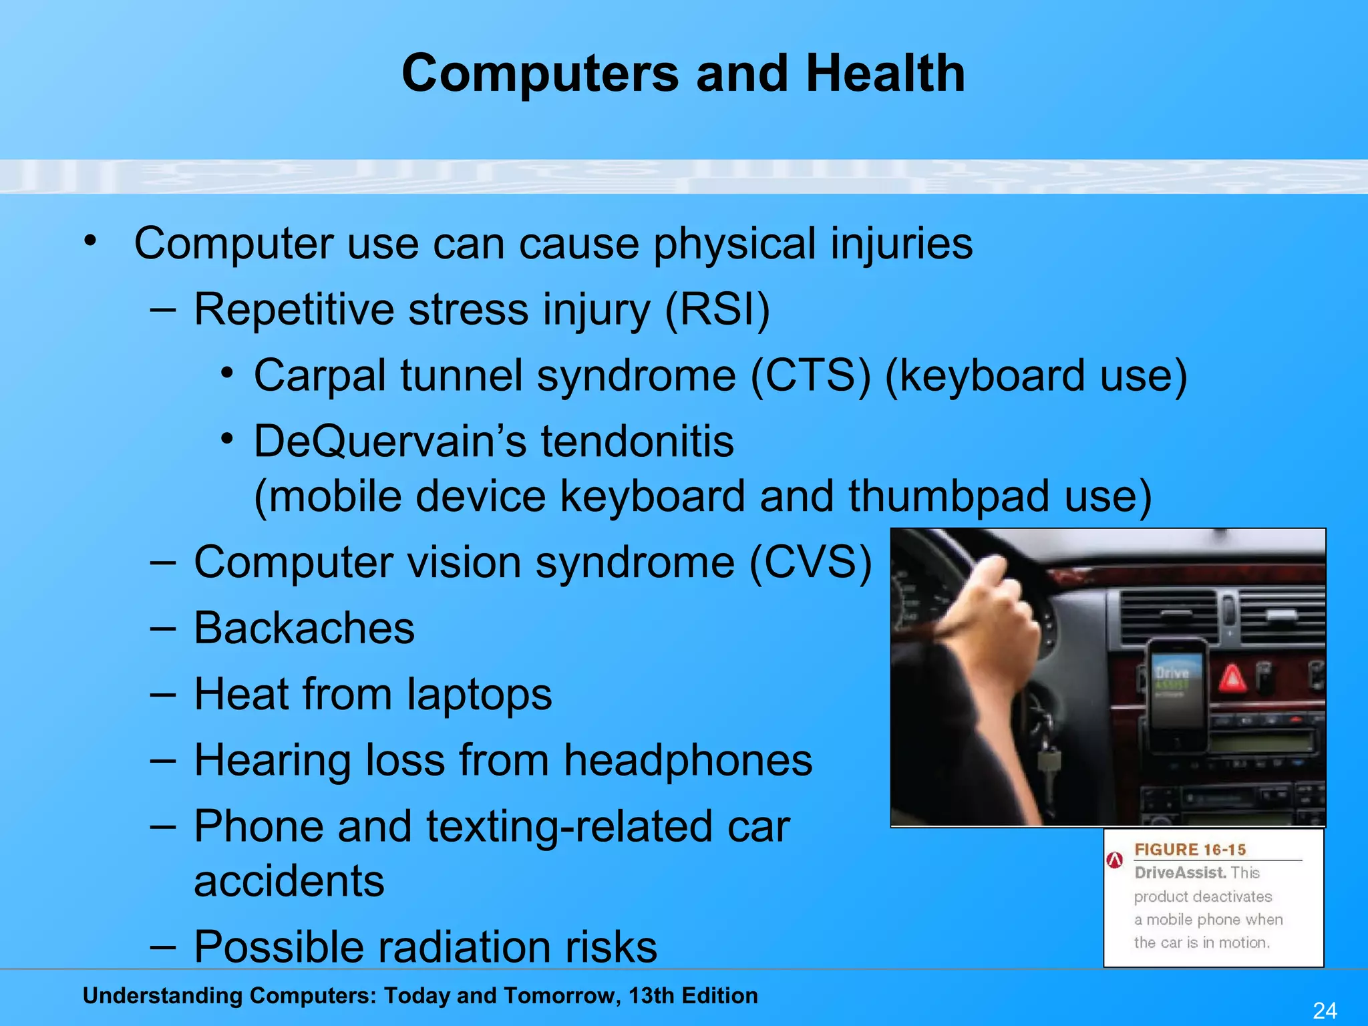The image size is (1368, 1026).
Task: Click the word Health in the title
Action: coord(885,73)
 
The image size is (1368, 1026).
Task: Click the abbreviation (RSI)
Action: coord(717,310)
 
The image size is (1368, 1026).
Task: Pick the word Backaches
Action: coord(304,629)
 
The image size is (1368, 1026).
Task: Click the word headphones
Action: coord(688,761)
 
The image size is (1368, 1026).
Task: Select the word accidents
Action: coord(289,882)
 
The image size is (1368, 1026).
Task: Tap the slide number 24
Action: coord(1325,1010)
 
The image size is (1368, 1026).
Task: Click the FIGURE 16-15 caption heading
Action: coord(1190,850)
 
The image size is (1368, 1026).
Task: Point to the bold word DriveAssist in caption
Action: coord(1180,873)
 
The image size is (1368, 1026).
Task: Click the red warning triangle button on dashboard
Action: coord(1232,680)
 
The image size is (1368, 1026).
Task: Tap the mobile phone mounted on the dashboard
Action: coord(1177,695)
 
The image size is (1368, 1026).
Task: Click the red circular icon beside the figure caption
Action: coord(1114,860)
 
